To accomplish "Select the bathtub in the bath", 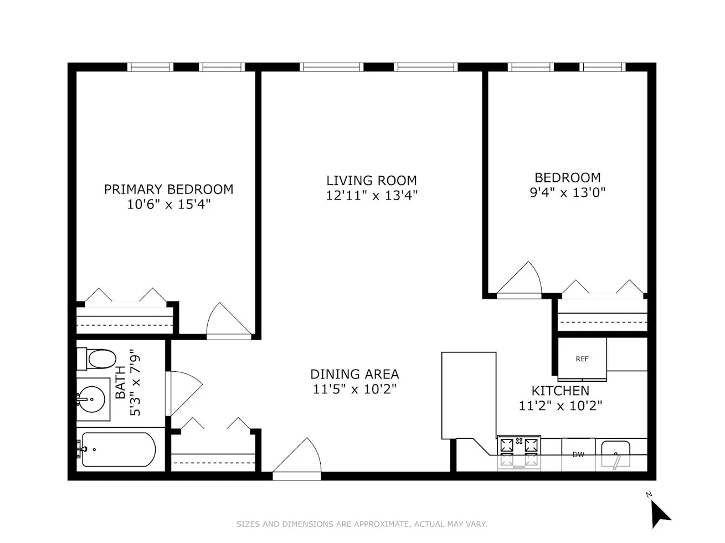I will (x=117, y=449).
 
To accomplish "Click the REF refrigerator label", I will (x=582, y=359).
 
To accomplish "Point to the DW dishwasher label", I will (x=578, y=455).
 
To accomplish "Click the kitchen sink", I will (x=615, y=455).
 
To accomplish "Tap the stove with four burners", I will (x=519, y=451).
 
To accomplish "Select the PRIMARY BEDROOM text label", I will (x=168, y=189).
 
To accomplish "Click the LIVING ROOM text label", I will (x=371, y=181).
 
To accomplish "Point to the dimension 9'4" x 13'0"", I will (x=567, y=193).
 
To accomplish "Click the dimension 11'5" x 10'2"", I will (x=354, y=389).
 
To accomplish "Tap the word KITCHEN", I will (x=560, y=391).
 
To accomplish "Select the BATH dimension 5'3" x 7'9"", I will (x=135, y=382).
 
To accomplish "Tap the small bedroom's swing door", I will (x=521, y=280).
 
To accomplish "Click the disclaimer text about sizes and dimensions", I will (x=362, y=524).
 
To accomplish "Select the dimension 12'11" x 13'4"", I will (x=371, y=196).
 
